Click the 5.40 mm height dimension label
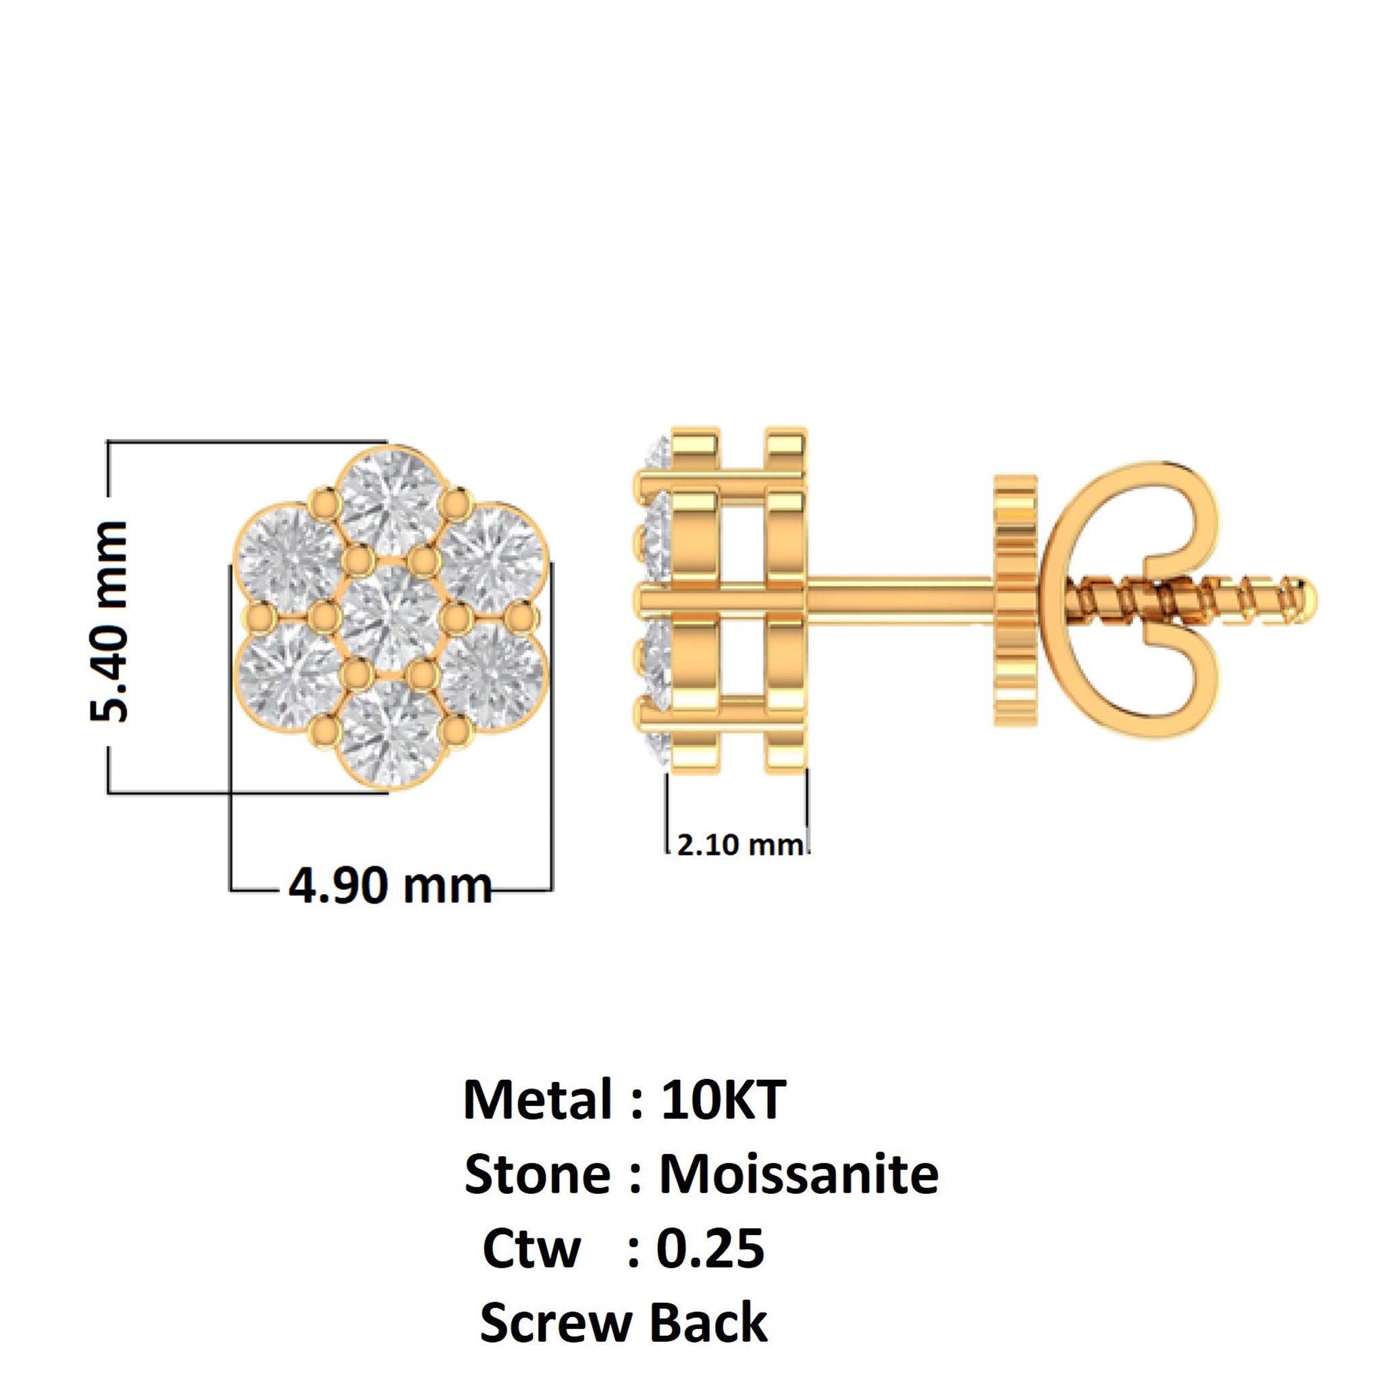(109, 621)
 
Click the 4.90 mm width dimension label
(390, 886)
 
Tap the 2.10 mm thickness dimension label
(739, 845)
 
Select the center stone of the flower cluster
(391, 617)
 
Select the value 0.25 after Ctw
(710, 1249)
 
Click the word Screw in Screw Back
(556, 1324)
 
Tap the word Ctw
(531, 1249)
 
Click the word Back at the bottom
(708, 1324)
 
